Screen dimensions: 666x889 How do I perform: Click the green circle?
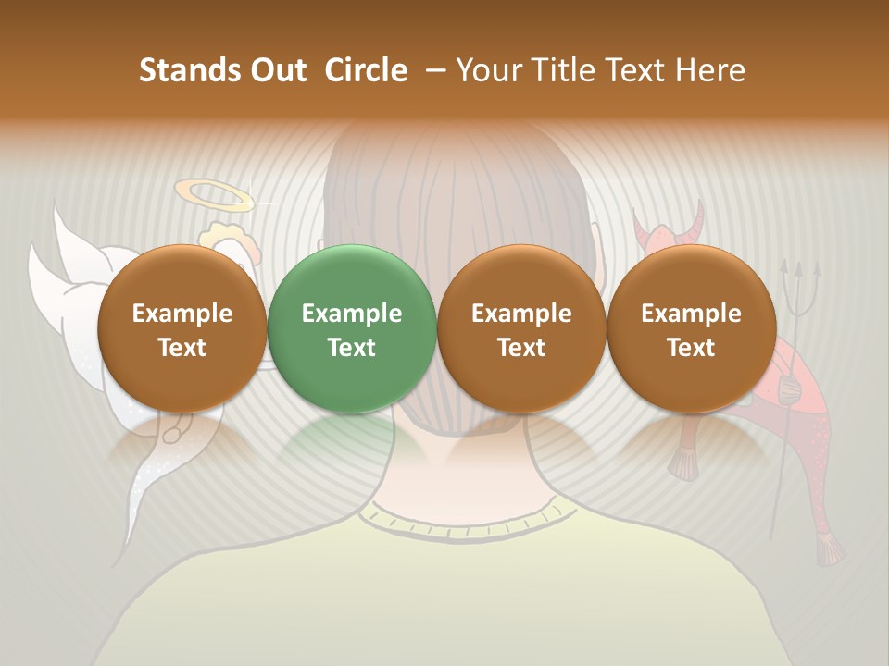pos(352,328)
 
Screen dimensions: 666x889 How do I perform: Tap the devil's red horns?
pos(669,225)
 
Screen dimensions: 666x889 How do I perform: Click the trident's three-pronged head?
pos(794,276)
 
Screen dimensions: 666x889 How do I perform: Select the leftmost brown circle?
pos(182,328)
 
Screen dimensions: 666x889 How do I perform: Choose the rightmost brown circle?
pos(692,328)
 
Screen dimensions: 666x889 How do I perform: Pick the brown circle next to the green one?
pos(521,328)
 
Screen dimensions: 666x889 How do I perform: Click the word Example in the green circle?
pos(352,314)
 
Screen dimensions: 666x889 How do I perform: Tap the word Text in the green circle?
pos(352,348)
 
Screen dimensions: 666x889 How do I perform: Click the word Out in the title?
pos(277,70)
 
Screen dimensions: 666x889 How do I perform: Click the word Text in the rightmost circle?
pos(692,348)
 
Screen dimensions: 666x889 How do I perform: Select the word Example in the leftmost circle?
pos(182,314)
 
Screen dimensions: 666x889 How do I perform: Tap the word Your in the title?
pos(488,70)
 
